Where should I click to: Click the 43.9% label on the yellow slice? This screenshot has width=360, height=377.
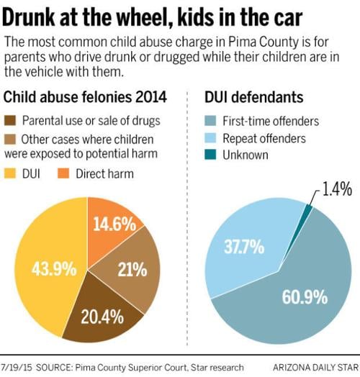54,271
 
